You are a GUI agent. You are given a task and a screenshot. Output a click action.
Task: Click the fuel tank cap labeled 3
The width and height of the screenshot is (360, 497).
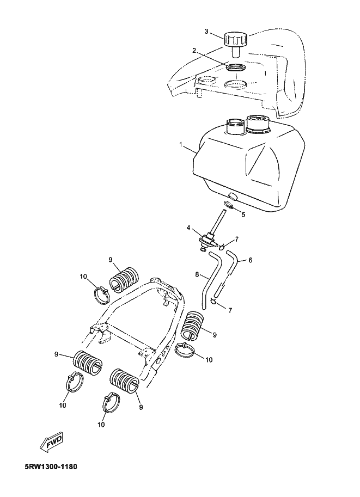pos(235,44)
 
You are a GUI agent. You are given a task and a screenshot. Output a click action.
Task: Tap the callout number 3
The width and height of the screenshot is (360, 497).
pos(206,32)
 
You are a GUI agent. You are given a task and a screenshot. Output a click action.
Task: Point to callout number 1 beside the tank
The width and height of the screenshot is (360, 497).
pos(180,145)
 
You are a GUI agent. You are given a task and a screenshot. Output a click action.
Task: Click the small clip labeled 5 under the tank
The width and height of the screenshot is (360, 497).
pos(228,205)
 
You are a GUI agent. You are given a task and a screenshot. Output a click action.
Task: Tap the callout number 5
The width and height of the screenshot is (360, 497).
pos(243,214)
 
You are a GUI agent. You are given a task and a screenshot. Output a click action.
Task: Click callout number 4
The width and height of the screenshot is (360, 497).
pos(188,228)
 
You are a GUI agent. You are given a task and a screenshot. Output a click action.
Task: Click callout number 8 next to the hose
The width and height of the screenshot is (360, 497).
pos(197,274)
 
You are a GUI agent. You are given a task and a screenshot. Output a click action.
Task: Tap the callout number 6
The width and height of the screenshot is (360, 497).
pos(250,260)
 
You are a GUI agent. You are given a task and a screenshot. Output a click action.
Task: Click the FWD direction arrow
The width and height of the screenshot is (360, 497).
pos(51,442)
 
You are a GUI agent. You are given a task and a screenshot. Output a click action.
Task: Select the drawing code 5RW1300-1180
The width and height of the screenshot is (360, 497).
pos(51,467)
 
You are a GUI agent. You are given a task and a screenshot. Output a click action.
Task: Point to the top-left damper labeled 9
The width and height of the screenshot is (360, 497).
pos(124,278)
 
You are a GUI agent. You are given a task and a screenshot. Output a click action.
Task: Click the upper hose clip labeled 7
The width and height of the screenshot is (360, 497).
pos(222,246)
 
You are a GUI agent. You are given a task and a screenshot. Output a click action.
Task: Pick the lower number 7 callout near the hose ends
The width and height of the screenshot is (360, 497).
pos(230,310)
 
